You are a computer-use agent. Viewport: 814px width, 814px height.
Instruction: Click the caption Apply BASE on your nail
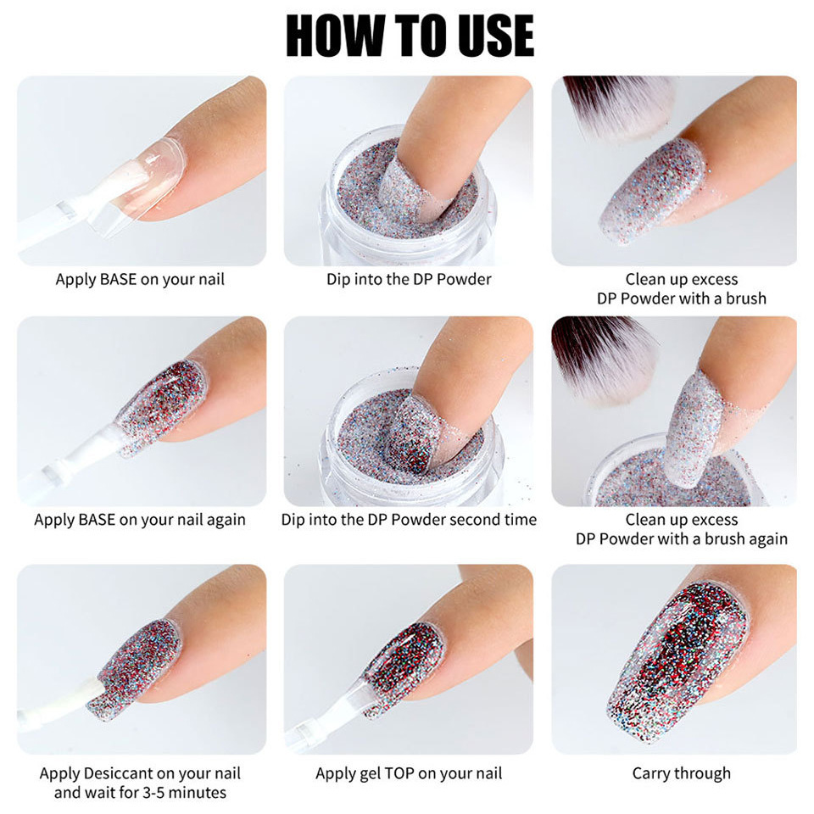click(x=140, y=279)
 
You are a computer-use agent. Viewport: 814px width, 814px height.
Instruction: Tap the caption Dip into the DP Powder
click(x=409, y=279)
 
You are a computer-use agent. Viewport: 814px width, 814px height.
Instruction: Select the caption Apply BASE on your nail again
click(x=140, y=520)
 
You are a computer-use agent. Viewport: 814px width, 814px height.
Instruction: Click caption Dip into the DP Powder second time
click(x=409, y=520)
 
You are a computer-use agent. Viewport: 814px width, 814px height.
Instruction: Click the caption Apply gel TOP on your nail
click(x=409, y=773)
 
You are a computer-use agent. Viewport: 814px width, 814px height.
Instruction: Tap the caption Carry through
click(x=681, y=773)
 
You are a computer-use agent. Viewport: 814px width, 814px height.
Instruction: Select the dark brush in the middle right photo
click(x=604, y=356)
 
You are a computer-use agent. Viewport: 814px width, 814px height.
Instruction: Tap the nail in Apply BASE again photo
click(x=161, y=407)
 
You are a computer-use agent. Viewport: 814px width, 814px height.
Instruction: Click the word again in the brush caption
click(x=766, y=538)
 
